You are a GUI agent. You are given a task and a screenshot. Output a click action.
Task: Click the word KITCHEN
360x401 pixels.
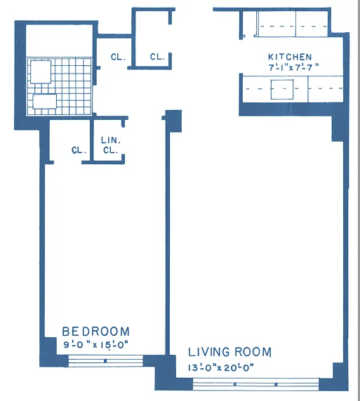click(289, 57)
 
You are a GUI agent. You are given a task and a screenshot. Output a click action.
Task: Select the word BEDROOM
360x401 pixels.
click(95, 332)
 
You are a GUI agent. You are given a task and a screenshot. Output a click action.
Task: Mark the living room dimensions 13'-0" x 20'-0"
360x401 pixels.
click(220, 367)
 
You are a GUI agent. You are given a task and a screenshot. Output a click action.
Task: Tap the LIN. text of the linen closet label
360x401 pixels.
click(110, 140)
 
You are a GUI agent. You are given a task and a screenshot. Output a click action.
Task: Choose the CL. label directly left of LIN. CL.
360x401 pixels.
click(78, 150)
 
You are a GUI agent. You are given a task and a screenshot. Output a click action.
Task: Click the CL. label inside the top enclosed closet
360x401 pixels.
click(157, 57)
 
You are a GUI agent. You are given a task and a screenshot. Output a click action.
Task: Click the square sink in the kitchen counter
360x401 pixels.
click(282, 88)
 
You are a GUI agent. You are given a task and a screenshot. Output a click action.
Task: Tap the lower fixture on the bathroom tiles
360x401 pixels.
click(44, 102)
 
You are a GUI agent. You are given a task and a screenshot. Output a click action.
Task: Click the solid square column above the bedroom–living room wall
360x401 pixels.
click(173, 121)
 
